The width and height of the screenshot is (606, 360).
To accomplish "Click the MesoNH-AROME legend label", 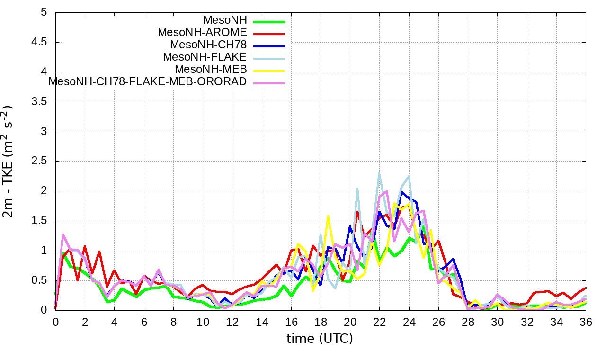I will (202, 33).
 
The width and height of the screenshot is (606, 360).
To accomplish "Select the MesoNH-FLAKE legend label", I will (205, 57).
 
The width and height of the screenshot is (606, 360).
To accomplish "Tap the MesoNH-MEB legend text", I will (211, 69).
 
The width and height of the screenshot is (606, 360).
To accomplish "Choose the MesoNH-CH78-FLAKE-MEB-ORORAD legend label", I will (148, 81).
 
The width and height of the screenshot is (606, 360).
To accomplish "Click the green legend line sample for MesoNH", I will (269, 21).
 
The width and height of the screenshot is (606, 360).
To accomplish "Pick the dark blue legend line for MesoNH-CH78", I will (269, 45).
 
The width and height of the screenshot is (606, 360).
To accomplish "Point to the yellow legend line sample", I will (269, 70).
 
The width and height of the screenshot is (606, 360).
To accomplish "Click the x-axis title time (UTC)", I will (320, 339).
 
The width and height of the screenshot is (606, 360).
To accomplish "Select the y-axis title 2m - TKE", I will (8, 161).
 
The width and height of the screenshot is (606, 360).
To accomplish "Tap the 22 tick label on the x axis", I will (379, 321).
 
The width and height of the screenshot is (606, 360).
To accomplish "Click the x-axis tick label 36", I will (586, 321).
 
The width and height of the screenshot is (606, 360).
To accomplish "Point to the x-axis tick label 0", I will (55, 321).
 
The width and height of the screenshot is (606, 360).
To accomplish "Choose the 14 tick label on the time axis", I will (261, 321).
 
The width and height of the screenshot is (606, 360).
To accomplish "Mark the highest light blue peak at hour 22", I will (379, 173).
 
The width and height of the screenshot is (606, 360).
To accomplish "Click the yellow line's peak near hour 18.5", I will (328, 216).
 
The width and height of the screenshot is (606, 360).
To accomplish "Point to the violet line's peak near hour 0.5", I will (63, 234).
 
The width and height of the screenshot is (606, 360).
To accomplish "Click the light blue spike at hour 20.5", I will (357, 188).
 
